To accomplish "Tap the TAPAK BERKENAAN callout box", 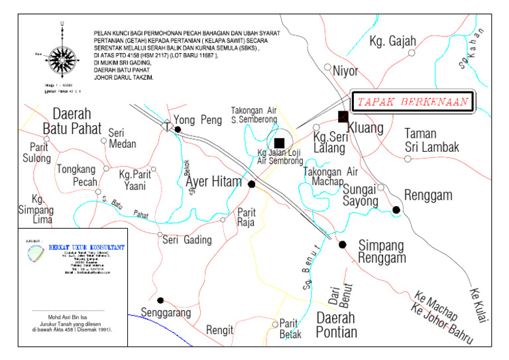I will coord(410,102).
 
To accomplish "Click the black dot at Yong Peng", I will coord(177,129).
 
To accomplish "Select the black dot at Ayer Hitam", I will coord(251,184).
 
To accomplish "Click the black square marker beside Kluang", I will coord(343,117).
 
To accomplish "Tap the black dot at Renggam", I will coord(396,210).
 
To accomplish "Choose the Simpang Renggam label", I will coord(381,251).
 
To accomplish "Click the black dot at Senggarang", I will coord(160,300).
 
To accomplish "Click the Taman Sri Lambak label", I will coord(431,140).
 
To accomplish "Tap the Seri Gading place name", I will coord(187,240).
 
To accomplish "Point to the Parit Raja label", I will coord(247,217).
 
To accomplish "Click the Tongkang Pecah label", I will coord(76,175).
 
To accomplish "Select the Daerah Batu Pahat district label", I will coord(72,120).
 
